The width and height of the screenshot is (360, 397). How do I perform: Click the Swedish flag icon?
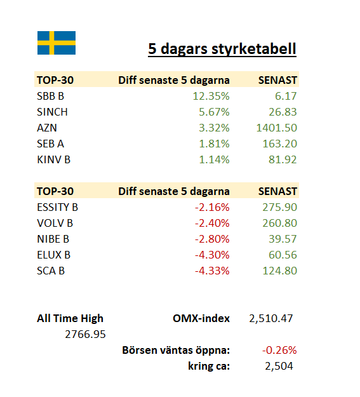(x=57, y=43)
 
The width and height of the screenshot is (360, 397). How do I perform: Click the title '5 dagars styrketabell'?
(x=222, y=49)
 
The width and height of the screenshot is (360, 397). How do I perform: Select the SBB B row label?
(x=50, y=96)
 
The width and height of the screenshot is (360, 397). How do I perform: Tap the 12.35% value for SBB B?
(x=211, y=96)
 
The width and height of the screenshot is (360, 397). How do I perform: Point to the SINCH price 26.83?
(x=283, y=112)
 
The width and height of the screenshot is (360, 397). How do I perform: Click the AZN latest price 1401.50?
(x=277, y=128)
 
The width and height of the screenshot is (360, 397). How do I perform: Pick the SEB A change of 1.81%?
(x=214, y=144)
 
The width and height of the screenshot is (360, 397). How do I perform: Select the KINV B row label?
(x=54, y=160)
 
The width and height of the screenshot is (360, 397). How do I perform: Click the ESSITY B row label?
(x=58, y=207)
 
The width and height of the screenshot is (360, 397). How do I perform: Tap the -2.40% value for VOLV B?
(x=212, y=224)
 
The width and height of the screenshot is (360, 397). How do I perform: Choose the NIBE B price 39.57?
(x=283, y=239)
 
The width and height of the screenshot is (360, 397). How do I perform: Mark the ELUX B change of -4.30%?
(x=212, y=255)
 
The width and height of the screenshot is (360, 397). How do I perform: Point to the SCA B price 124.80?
(x=280, y=271)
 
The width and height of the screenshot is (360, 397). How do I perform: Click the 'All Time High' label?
(x=70, y=318)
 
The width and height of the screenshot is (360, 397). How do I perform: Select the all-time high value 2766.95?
(x=85, y=335)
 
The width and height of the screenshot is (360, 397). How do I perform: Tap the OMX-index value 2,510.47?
(x=271, y=318)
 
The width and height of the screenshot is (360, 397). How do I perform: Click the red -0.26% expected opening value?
(x=279, y=350)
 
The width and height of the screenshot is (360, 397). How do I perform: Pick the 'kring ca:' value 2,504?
(x=279, y=366)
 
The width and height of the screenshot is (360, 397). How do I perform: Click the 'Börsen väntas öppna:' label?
(x=176, y=351)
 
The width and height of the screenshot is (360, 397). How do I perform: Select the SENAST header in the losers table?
(x=277, y=191)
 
